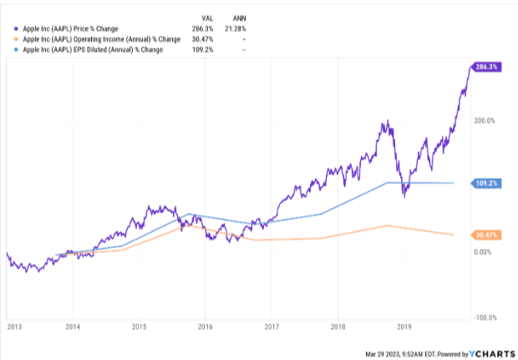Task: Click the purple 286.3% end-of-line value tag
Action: point(486,66)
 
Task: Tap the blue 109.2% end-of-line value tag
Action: point(486,182)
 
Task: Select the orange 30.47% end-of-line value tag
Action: point(486,235)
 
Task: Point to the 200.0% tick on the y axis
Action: point(485,120)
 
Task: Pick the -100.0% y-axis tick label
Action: point(485,317)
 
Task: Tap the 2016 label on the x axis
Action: point(205,327)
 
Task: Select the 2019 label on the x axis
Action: point(404,327)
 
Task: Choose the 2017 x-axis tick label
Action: point(271,327)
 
